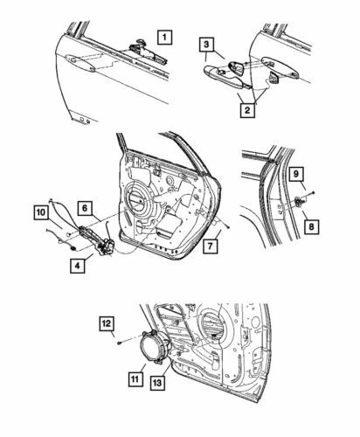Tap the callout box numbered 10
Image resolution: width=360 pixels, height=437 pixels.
[x=42, y=212]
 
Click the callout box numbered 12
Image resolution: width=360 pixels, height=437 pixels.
[x=106, y=325]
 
